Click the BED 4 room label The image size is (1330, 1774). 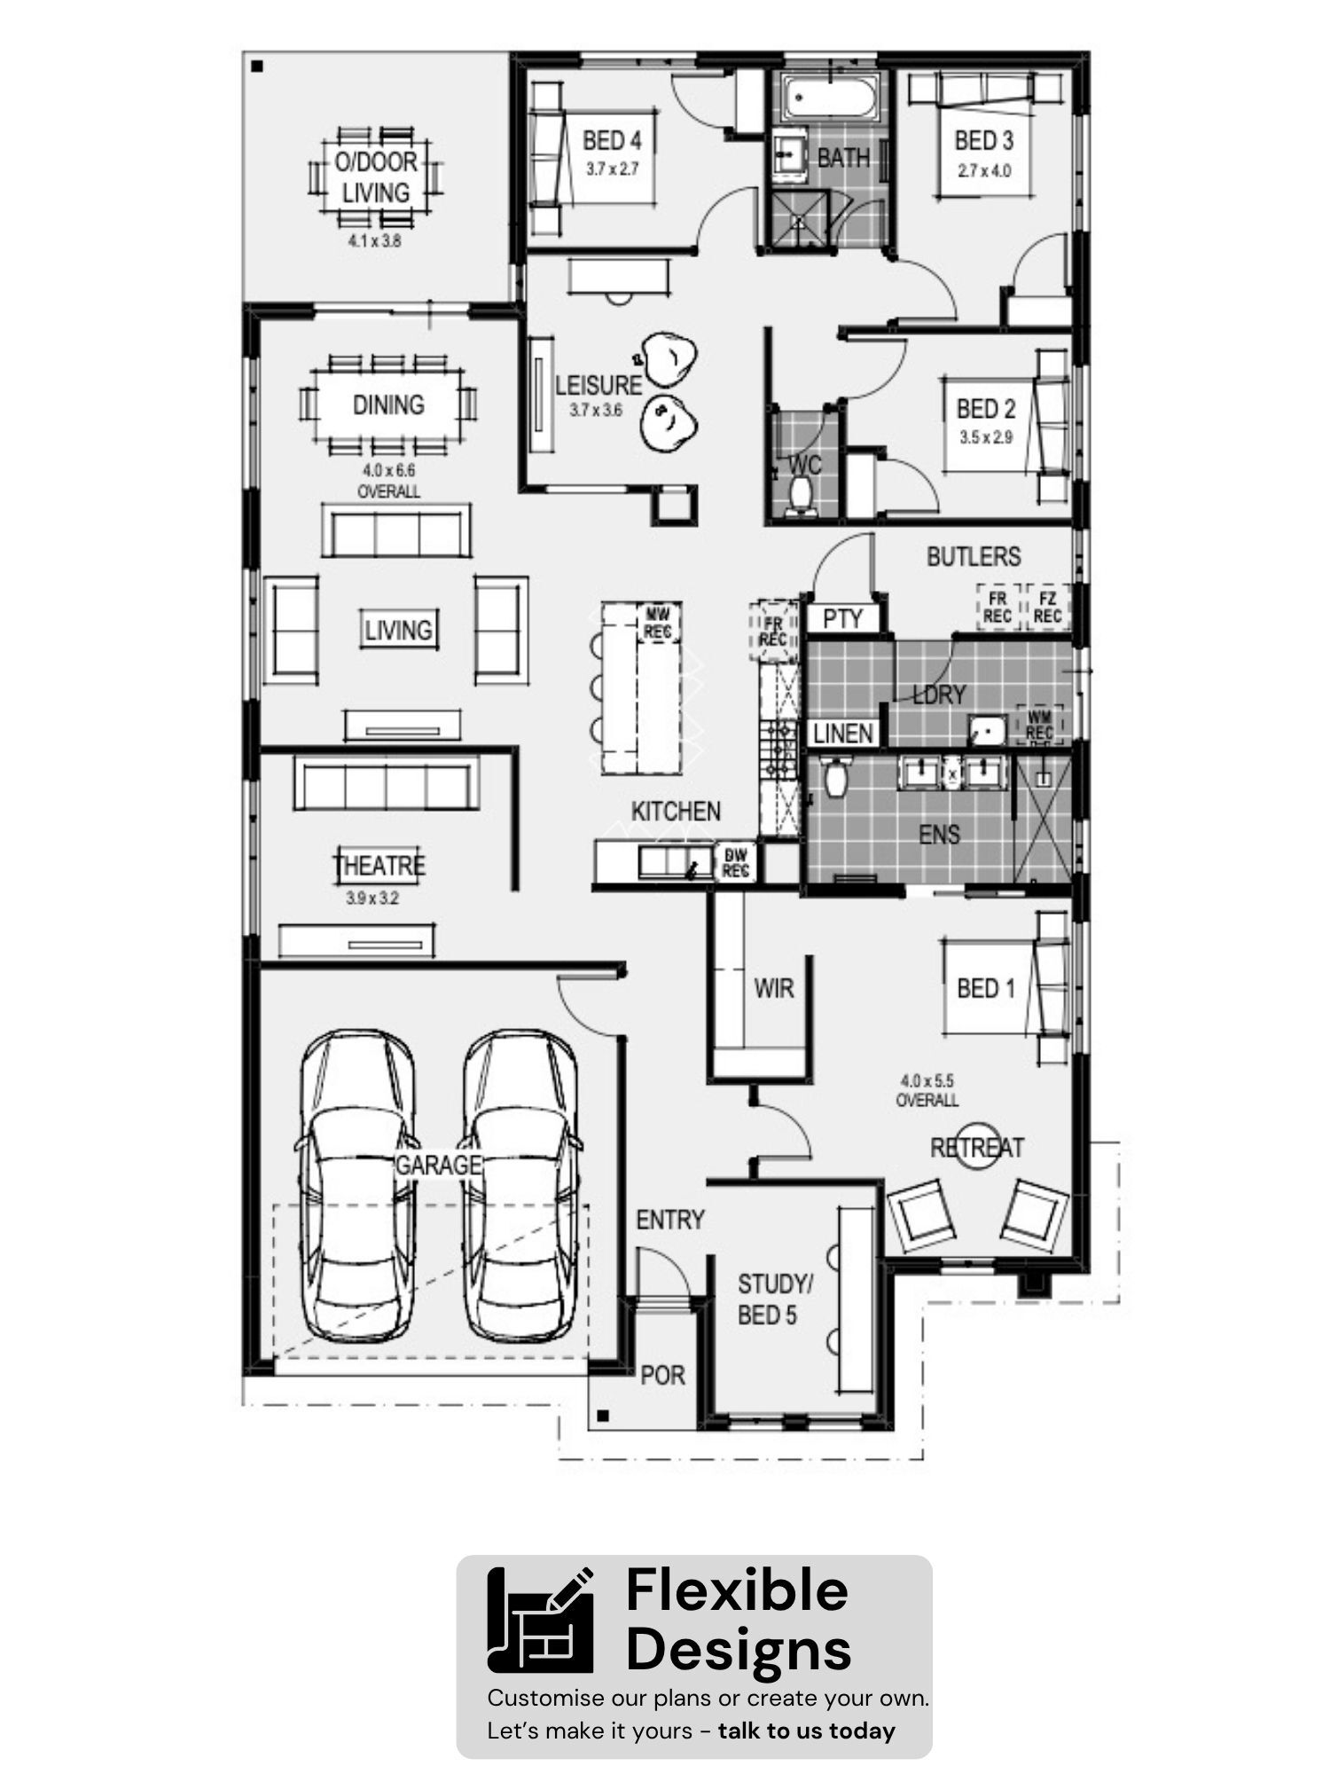(x=612, y=140)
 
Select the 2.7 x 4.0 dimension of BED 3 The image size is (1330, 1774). (x=984, y=170)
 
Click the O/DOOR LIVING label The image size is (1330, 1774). (x=376, y=177)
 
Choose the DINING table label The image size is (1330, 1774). (x=388, y=404)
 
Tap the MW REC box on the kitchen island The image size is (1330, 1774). (x=657, y=624)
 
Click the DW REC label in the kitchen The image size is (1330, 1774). (x=736, y=861)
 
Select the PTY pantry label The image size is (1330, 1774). (x=842, y=618)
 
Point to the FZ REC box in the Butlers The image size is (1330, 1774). (x=1047, y=608)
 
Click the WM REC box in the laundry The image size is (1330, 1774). (x=1039, y=725)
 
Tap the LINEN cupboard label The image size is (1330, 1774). (x=843, y=734)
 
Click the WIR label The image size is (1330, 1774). (x=773, y=988)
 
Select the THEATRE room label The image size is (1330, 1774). (x=379, y=865)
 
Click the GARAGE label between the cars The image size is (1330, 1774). (x=438, y=1165)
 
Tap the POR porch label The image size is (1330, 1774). (x=662, y=1375)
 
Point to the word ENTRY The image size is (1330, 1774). (x=670, y=1221)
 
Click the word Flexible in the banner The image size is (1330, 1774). (x=737, y=1590)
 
